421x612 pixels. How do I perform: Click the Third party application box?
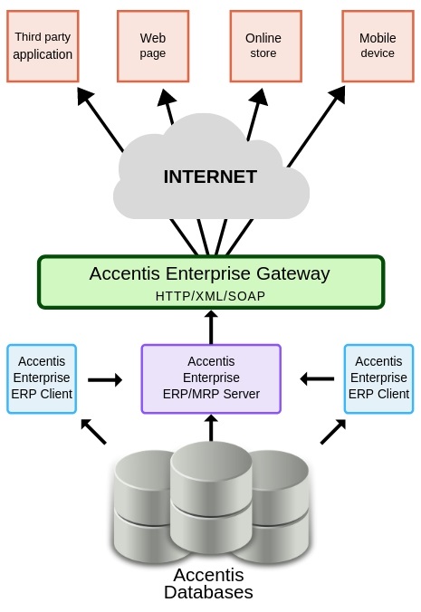[43, 46]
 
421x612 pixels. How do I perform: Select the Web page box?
[153, 46]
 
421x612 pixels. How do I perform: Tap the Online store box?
[265, 46]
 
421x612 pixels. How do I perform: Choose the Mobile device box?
[378, 46]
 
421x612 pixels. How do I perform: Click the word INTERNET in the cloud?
[210, 177]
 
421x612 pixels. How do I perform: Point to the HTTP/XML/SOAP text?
[210, 296]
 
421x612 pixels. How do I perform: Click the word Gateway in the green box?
[293, 274]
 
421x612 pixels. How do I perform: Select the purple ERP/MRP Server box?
[211, 378]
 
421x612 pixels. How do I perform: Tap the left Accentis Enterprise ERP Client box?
[42, 378]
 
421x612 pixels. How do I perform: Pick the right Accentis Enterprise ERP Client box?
[378, 378]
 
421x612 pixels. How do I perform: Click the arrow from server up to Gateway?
[211, 327]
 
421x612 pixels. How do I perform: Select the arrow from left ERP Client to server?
[105, 379]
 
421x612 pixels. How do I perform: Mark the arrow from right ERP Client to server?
[317, 378]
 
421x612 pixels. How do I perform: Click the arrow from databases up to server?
[211, 428]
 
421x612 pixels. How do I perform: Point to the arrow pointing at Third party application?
[100, 120]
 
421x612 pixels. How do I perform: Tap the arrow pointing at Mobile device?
[317, 127]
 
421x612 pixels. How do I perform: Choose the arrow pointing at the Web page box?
[167, 107]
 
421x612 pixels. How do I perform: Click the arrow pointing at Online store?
[257, 114]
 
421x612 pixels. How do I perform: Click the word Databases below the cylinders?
[208, 592]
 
